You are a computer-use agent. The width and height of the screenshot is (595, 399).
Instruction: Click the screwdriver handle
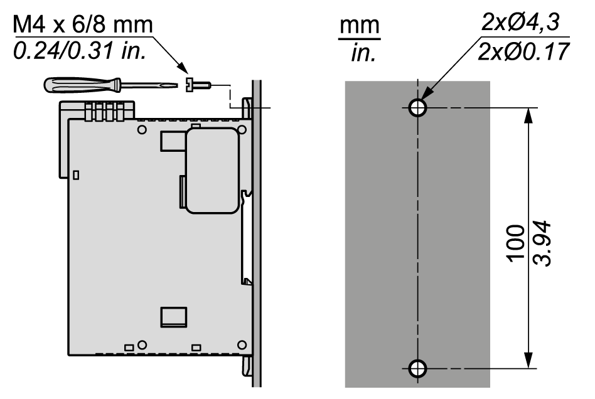pyautogui.click(x=82, y=85)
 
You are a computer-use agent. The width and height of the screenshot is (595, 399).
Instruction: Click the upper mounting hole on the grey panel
pyautogui.click(x=417, y=108)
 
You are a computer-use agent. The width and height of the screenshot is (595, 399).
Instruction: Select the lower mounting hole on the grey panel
pyautogui.click(x=417, y=368)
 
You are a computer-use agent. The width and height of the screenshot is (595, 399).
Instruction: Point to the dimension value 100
pyautogui.click(x=516, y=243)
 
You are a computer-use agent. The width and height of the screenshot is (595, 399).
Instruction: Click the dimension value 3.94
pyautogui.click(x=542, y=244)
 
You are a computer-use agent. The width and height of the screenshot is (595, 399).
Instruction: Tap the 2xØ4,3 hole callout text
pyautogui.click(x=521, y=22)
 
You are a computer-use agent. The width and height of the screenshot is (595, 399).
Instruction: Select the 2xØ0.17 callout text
pyautogui.click(x=523, y=51)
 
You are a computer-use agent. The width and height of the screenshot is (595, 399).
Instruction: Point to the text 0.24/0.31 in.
pyautogui.click(x=80, y=50)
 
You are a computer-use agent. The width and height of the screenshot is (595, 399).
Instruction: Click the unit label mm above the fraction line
pyautogui.click(x=360, y=26)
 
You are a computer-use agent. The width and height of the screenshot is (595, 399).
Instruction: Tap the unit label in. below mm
pyautogui.click(x=363, y=53)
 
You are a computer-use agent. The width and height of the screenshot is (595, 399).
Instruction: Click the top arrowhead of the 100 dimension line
pyautogui.click(x=528, y=115)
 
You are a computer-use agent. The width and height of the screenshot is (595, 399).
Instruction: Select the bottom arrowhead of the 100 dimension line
pyautogui.click(x=528, y=360)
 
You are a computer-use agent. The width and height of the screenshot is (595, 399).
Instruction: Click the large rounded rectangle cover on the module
pyautogui.click(x=212, y=171)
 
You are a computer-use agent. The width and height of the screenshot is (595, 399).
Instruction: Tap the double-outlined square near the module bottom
pyautogui.click(x=174, y=317)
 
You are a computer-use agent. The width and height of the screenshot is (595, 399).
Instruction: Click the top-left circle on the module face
pyautogui.click(x=142, y=130)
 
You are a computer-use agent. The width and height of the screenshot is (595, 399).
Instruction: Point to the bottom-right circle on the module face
pyautogui.click(x=242, y=345)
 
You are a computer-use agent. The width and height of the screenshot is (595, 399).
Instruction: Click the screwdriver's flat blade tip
pyautogui.click(x=176, y=85)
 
